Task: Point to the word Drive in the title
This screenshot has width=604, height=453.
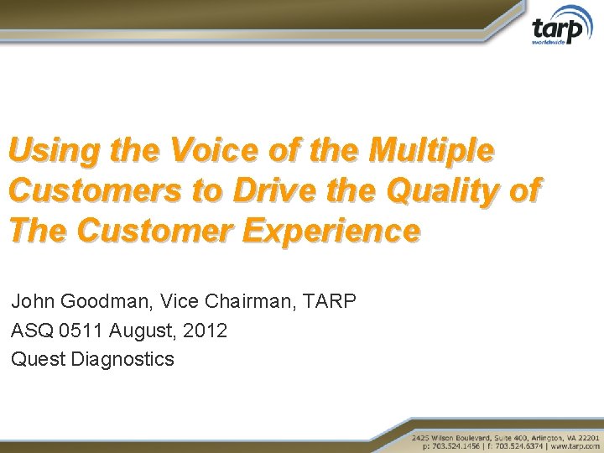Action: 273,191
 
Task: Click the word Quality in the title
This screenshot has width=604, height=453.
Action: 435,191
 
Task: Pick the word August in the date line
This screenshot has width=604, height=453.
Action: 138,331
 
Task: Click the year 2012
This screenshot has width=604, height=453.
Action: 205,331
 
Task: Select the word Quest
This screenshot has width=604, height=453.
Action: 39,359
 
